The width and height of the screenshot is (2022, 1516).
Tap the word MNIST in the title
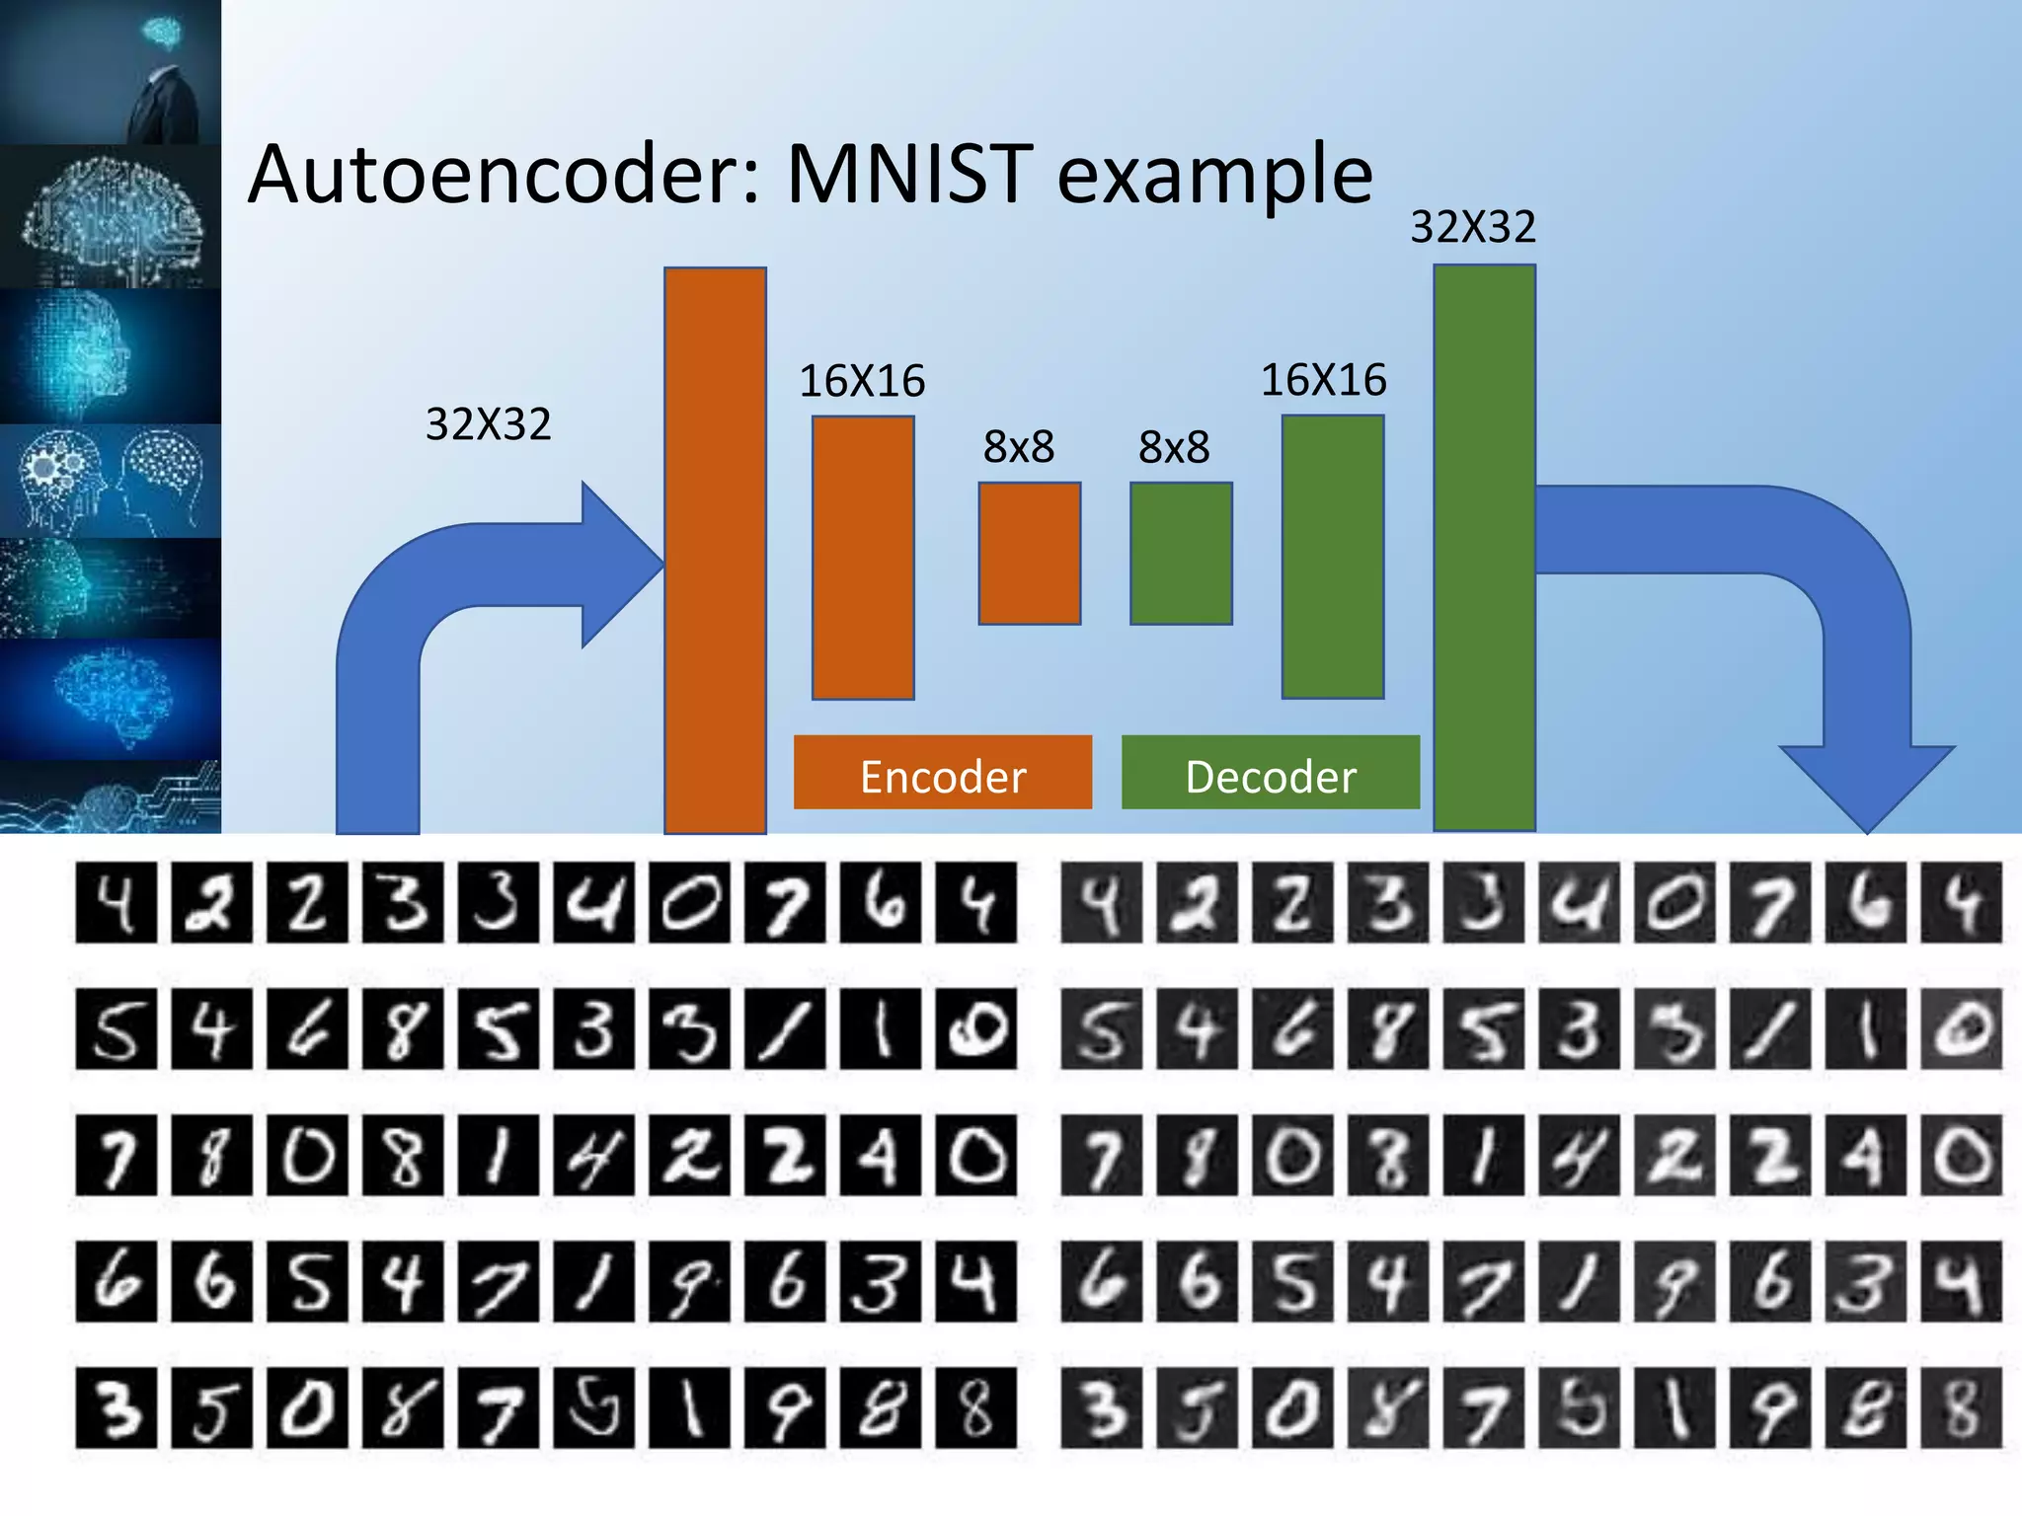909,176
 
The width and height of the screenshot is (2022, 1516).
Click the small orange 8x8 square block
1029,554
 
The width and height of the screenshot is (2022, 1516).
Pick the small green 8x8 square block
1181,554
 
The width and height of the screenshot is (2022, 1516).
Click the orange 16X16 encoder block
862,558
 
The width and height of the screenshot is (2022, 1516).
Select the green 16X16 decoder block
1332,557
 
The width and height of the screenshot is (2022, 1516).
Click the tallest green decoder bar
1484,548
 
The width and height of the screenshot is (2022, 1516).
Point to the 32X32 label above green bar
1472,228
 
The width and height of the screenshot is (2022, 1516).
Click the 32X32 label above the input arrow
488,424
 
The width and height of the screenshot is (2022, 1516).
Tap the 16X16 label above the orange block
862,381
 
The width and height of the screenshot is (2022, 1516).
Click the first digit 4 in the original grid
116,902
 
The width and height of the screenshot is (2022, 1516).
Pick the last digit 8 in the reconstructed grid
1961,1407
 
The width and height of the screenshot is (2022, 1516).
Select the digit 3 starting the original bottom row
116,1407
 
